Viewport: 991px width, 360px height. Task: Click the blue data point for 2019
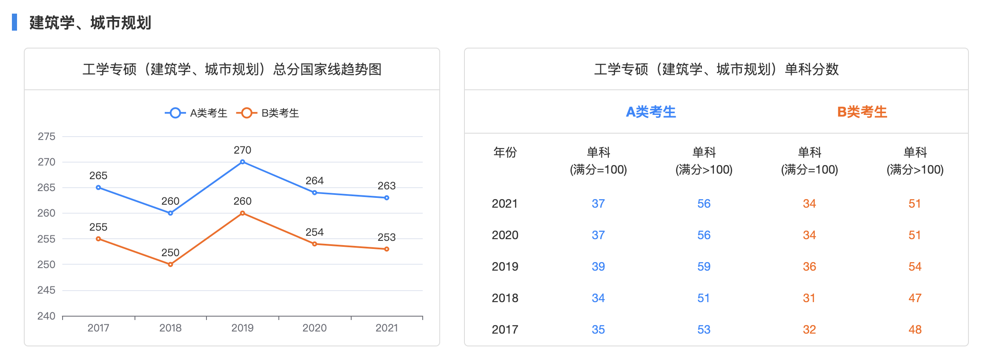pyautogui.click(x=242, y=162)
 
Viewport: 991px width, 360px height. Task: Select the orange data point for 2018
pyautogui.click(x=170, y=264)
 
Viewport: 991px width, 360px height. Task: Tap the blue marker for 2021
pyautogui.click(x=387, y=198)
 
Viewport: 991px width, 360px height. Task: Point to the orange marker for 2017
pyautogui.click(x=98, y=239)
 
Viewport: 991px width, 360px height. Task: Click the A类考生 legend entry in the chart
pyautogui.click(x=196, y=113)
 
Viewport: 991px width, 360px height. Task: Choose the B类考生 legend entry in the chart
pyautogui.click(x=268, y=113)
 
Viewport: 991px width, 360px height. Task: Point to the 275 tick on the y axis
pyautogui.click(x=46, y=137)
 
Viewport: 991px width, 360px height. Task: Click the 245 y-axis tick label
pyautogui.click(x=46, y=290)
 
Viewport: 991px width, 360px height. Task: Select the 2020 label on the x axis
pyautogui.click(x=315, y=328)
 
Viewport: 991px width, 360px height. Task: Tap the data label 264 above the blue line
pyautogui.click(x=315, y=181)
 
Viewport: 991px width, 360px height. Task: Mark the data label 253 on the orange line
pyautogui.click(x=387, y=237)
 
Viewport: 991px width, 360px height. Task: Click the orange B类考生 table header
pyautogui.click(x=862, y=112)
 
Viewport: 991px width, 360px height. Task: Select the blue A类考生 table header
pyautogui.click(x=651, y=112)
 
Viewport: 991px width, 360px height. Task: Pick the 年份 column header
pyautogui.click(x=505, y=152)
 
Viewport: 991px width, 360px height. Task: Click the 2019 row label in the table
pyautogui.click(x=505, y=266)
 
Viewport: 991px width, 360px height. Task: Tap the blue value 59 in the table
pyautogui.click(x=704, y=266)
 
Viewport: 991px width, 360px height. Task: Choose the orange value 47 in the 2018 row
pyautogui.click(x=915, y=298)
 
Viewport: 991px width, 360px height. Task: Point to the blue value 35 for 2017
pyautogui.click(x=598, y=329)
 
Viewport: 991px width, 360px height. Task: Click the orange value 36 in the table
pyautogui.click(x=809, y=266)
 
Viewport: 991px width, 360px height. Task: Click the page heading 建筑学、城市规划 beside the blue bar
pyautogui.click(x=90, y=23)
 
